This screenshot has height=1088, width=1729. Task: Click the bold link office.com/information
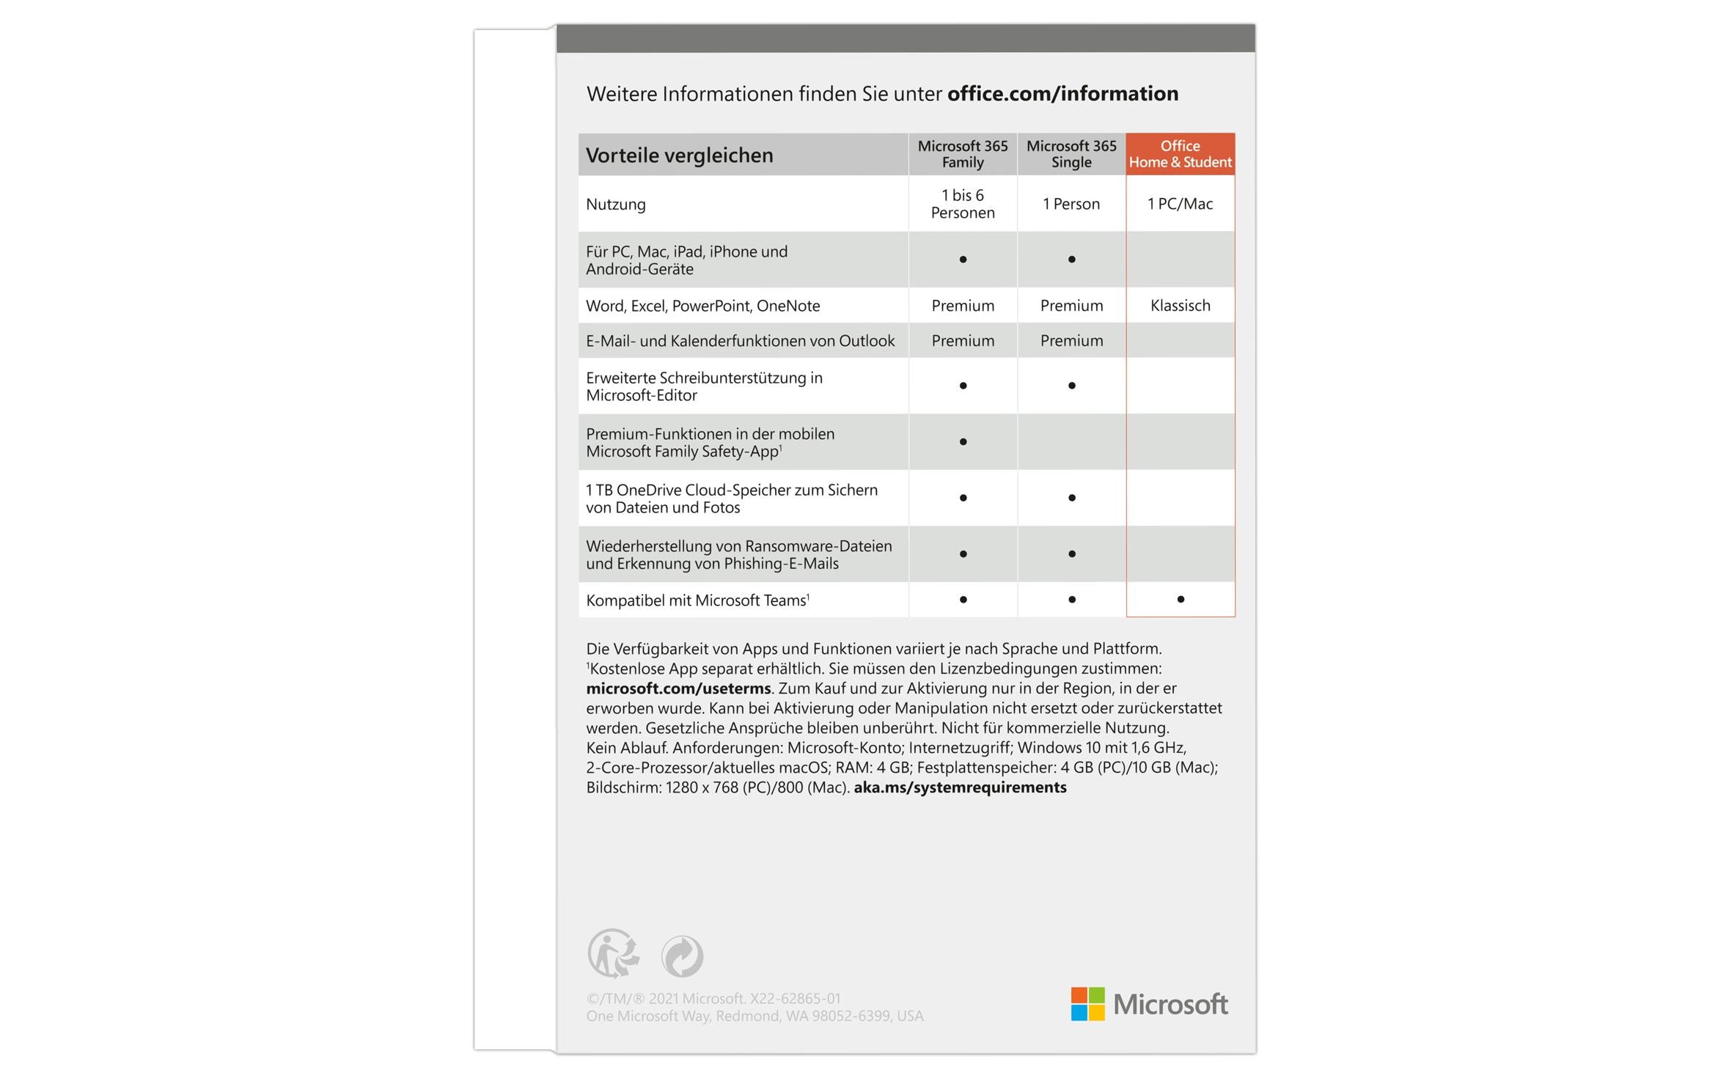tap(1062, 94)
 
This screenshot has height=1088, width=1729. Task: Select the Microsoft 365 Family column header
tap(962, 154)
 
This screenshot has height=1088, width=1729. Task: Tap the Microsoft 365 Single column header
tap(1071, 154)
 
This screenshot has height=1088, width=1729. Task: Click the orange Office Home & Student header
tap(1180, 154)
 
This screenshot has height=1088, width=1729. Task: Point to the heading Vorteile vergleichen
tap(679, 155)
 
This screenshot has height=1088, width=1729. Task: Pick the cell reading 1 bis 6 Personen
tap(962, 204)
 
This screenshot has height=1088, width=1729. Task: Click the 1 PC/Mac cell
tap(1180, 204)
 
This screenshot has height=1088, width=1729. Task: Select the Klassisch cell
tap(1180, 306)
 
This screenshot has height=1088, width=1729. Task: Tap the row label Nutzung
tap(615, 205)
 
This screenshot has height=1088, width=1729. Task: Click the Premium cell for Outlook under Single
tap(1071, 341)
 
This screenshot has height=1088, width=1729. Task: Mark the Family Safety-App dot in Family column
tap(963, 441)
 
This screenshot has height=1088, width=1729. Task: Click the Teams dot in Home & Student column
tap(1180, 600)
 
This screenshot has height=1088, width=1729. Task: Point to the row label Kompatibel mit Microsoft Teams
tap(697, 600)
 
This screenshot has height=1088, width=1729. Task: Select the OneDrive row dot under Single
tap(1071, 498)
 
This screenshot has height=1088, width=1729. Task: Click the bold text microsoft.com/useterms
tap(678, 688)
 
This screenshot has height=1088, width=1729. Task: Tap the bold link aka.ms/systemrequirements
tap(960, 787)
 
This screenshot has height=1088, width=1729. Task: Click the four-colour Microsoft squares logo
tap(1087, 1004)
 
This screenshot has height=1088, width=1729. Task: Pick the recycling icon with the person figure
tap(613, 953)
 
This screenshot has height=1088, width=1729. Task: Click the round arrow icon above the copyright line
tap(682, 956)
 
